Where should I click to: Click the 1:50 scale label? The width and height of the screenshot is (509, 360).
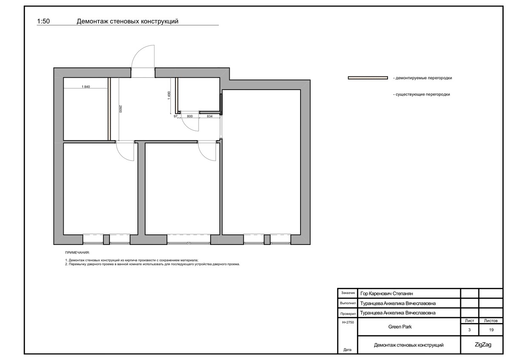pyautogui.click(x=43, y=21)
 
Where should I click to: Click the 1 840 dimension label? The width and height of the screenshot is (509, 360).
pyautogui.click(x=86, y=87)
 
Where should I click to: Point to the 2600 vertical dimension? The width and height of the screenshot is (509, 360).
pyautogui.click(x=120, y=109)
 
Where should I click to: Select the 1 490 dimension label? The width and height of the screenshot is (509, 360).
pyautogui.click(x=169, y=95)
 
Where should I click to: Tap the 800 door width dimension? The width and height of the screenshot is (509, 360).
pyautogui.click(x=190, y=116)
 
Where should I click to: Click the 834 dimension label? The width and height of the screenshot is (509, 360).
pyautogui.click(x=210, y=116)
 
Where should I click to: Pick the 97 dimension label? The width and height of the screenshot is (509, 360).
pyautogui.click(x=176, y=116)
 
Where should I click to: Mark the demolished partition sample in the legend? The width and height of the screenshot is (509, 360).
pyautogui.click(x=368, y=78)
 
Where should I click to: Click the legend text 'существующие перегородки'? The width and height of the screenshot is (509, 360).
pyautogui.click(x=422, y=95)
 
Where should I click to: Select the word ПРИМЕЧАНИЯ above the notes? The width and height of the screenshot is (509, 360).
pyautogui.click(x=77, y=253)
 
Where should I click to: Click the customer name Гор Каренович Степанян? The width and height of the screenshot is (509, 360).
pyautogui.click(x=387, y=294)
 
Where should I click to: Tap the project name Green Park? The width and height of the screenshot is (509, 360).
pyautogui.click(x=400, y=327)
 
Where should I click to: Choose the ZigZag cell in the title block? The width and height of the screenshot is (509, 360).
pyautogui.click(x=483, y=345)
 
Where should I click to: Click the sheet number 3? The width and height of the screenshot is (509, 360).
pyautogui.click(x=470, y=330)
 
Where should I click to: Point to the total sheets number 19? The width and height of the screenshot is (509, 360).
pyautogui.click(x=492, y=330)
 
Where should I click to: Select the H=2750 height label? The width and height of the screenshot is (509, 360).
pyautogui.click(x=348, y=322)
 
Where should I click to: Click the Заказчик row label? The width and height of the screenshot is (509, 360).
pyautogui.click(x=348, y=293)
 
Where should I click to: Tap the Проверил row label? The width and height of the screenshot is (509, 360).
pyautogui.click(x=348, y=314)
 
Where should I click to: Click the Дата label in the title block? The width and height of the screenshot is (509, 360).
pyautogui.click(x=347, y=350)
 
